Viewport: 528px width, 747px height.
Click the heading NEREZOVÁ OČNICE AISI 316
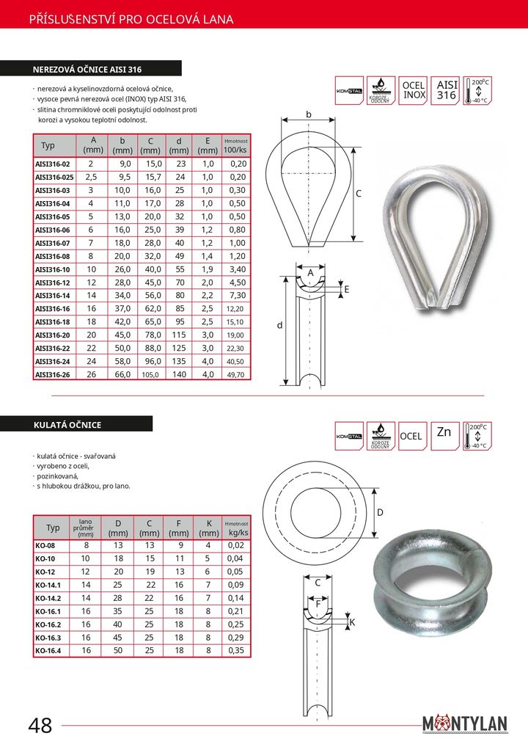(87, 70)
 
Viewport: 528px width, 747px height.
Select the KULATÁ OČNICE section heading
(67, 425)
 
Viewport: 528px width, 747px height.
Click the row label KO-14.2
(49, 597)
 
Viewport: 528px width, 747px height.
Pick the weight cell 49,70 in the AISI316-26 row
(236, 374)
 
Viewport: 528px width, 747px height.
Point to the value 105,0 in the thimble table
(150, 374)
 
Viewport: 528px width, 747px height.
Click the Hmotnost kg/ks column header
(236, 528)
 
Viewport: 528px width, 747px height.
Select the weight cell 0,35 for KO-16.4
(236, 650)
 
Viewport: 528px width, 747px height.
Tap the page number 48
(40, 726)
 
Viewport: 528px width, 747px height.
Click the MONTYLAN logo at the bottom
(465, 724)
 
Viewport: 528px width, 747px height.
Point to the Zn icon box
(444, 433)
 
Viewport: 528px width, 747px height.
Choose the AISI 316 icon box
(446, 90)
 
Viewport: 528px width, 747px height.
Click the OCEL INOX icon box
(414, 90)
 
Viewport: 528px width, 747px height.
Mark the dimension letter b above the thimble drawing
(309, 114)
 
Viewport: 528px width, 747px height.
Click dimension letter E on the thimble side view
(346, 290)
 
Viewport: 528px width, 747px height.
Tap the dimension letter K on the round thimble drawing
(352, 622)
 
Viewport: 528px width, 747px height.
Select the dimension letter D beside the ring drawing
(381, 511)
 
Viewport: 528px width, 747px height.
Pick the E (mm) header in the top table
(208, 145)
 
